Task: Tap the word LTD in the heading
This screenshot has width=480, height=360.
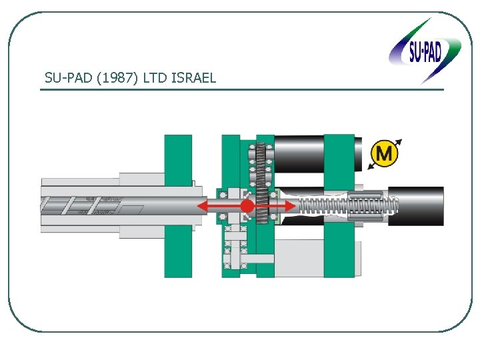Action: click(158, 78)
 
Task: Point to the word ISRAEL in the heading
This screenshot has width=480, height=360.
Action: click(194, 78)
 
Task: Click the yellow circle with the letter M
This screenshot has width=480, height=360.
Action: click(384, 154)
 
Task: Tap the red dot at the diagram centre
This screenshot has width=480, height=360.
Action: click(247, 206)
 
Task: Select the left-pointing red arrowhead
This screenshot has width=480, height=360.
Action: click(204, 206)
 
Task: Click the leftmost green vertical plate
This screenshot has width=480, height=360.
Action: click(178, 205)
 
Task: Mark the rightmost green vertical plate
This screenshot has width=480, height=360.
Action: click(339, 205)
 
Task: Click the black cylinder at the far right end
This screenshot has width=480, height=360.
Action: click(417, 206)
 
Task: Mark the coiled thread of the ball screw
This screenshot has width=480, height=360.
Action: click(320, 205)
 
